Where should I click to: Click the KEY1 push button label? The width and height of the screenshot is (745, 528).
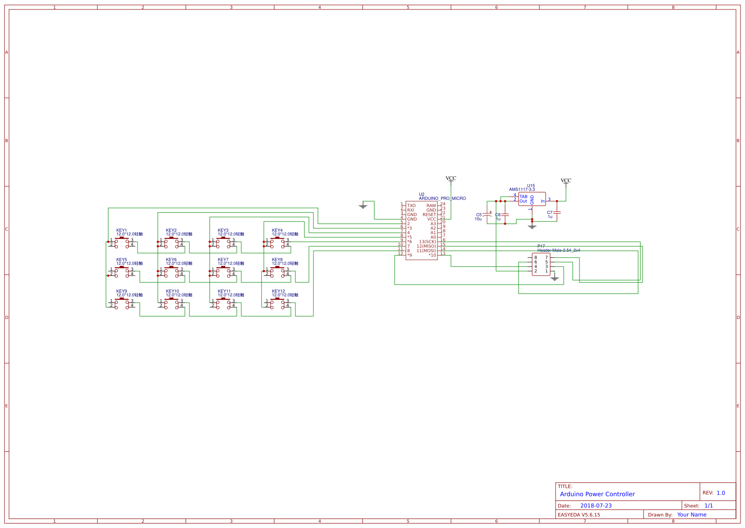(x=121, y=230)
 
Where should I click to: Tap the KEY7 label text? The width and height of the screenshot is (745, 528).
(x=223, y=260)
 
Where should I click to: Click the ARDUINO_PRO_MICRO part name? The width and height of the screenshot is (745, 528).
(x=442, y=198)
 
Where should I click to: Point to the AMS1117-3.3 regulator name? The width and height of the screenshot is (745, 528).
(x=522, y=189)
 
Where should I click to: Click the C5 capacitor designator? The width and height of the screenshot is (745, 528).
(x=478, y=215)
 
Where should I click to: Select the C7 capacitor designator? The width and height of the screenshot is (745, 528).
(x=549, y=212)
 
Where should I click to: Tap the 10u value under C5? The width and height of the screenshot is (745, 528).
(x=478, y=219)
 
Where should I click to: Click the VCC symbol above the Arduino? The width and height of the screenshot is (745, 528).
(x=451, y=179)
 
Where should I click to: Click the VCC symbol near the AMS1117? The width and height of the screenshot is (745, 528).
(x=566, y=181)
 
